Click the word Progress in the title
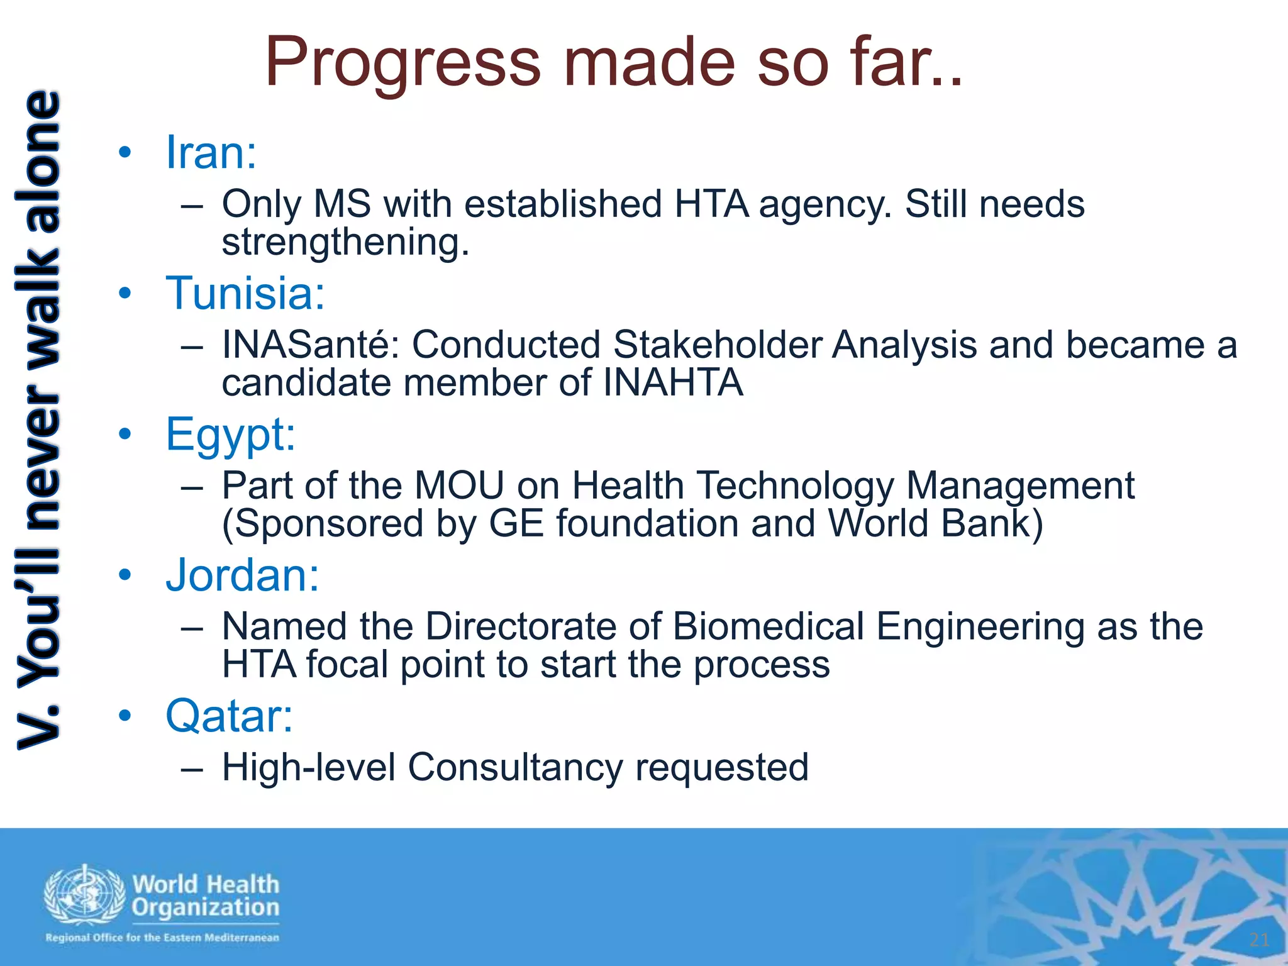402,63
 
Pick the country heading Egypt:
230,435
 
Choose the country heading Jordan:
242,575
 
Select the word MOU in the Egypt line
459,486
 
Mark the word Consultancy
515,768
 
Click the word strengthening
345,243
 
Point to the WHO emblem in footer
84,896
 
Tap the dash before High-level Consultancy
191,769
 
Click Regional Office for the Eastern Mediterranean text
162,938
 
